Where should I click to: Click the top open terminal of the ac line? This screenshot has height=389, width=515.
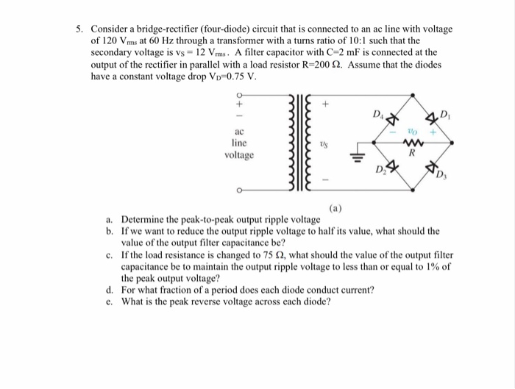click(x=238, y=94)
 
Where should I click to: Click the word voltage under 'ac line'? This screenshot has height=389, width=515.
click(x=240, y=156)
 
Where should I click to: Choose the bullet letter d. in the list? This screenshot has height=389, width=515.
click(x=109, y=290)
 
